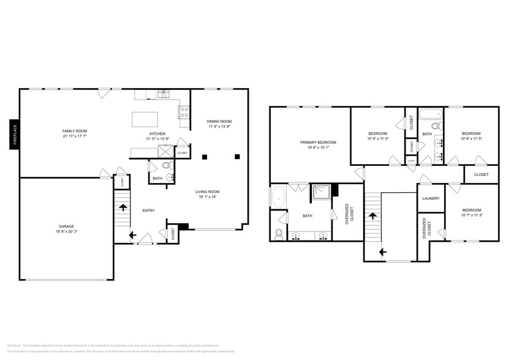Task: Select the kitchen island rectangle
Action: coord(145,118)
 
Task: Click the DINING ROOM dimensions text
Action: coord(219,127)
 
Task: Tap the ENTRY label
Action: coord(148,211)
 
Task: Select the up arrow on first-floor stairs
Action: coord(123,207)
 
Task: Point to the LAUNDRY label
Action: coord(431,198)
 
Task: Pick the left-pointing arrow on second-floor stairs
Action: coord(382,251)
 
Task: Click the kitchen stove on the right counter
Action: coord(183,111)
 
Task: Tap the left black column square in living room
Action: coord(205,157)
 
